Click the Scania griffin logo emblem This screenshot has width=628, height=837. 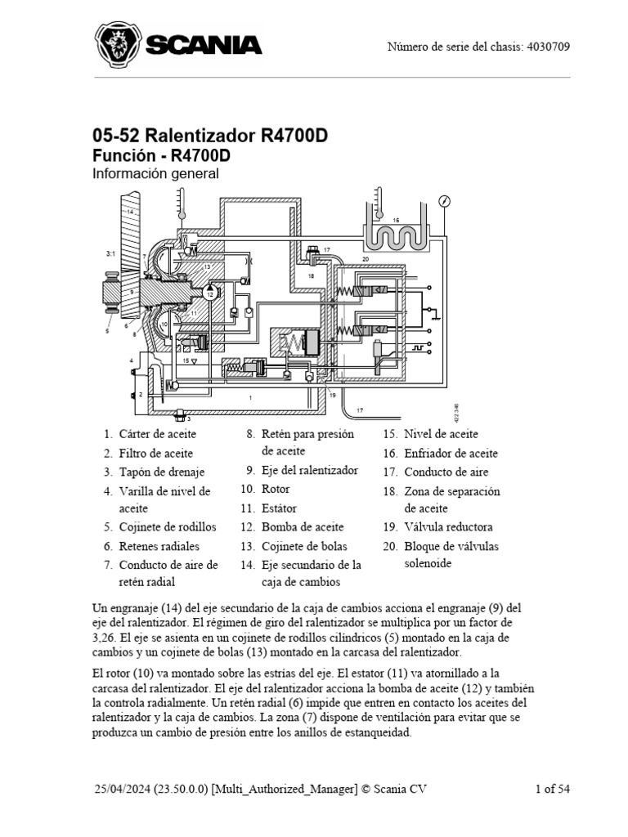coord(118,45)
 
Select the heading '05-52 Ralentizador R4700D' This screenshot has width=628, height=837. coord(210,135)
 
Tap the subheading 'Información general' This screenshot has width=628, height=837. coord(155,173)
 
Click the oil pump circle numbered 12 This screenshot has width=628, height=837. coord(210,293)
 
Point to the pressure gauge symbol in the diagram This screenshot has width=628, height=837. coord(444,201)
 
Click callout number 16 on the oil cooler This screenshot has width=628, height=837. coord(396,221)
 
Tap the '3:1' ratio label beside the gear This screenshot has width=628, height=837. coord(110,254)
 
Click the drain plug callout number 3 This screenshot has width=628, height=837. coord(187,418)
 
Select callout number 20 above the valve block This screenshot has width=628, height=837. coord(366,259)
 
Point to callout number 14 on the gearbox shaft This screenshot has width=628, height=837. coord(129,211)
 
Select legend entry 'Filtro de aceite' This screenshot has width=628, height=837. coord(155,453)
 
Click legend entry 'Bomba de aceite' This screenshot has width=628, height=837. coord(303,527)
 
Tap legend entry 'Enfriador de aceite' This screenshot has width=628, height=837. coord(451,454)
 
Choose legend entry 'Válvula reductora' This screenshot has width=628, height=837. coord(448,527)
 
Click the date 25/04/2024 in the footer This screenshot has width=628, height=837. coord(123,789)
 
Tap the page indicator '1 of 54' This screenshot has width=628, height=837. coord(552,789)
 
